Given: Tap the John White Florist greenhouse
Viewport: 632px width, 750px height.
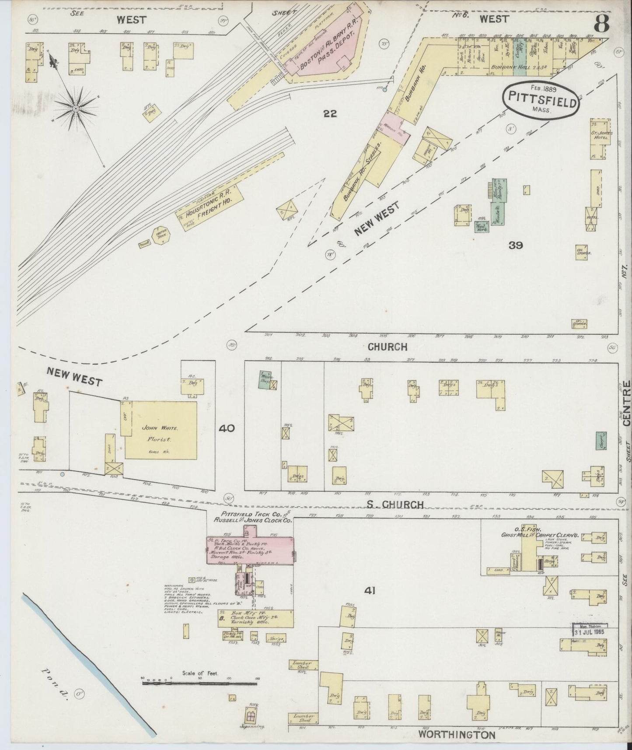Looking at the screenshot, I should click(x=161, y=430).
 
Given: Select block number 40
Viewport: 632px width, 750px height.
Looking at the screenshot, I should click(x=227, y=428).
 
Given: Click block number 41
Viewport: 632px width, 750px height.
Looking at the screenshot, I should click(x=370, y=591).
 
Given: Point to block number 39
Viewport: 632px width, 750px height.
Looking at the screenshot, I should click(x=515, y=245).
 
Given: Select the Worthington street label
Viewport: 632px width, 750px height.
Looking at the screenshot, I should click(x=457, y=735).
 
